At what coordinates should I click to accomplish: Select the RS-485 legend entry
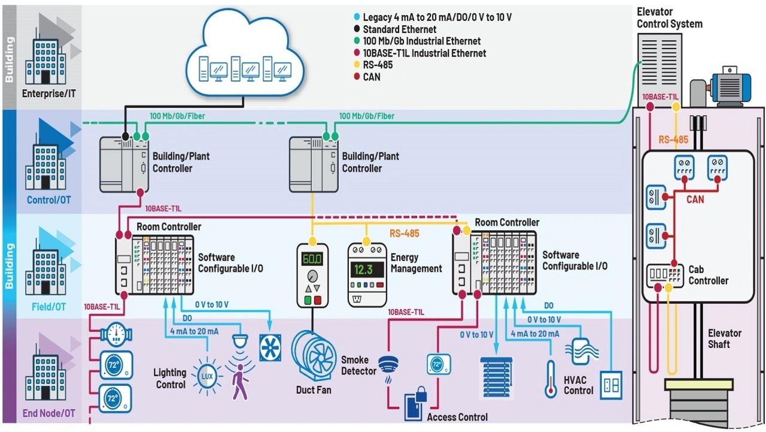coord(378,65)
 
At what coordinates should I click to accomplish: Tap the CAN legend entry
coord(371,77)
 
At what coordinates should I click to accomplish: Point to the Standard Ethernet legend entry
coord(399,29)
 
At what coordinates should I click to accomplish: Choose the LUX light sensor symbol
coord(206,376)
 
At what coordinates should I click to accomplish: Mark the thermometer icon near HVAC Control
coord(551,379)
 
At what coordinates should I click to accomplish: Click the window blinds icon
coord(497,377)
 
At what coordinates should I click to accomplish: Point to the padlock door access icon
coord(417,405)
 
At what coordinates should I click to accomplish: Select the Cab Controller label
coord(708,275)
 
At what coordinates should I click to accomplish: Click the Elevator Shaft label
coord(724,339)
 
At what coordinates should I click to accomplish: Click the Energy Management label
coord(416,263)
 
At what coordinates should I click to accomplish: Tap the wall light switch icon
coord(611,385)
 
